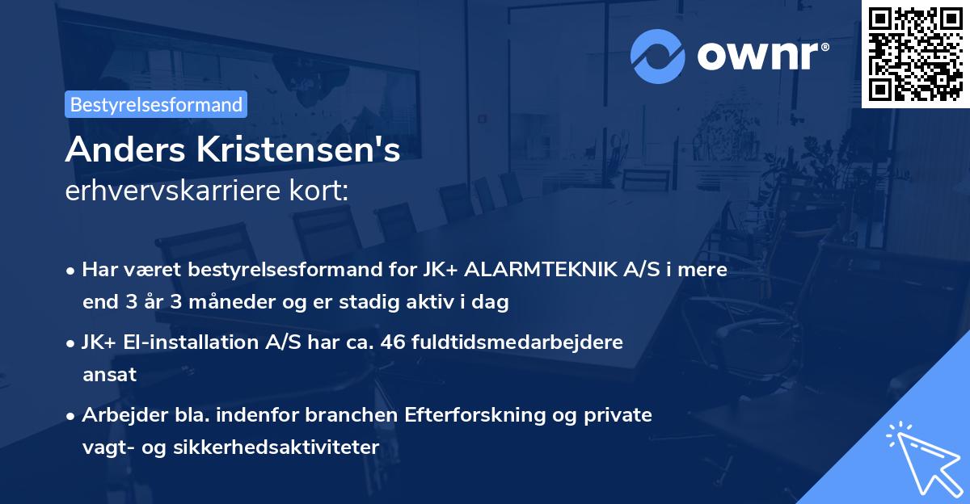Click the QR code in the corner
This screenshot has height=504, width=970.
point(915,53)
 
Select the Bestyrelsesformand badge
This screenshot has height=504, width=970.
point(156,104)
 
